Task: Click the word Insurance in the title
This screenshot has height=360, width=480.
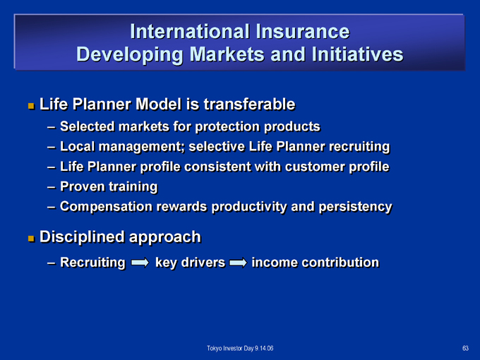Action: coord(302,31)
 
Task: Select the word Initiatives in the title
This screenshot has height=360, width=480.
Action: coord(358,54)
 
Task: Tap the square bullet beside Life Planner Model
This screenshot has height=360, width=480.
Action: coord(31,106)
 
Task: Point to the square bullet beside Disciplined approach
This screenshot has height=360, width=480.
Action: coord(31,239)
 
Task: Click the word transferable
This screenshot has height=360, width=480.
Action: coord(249,104)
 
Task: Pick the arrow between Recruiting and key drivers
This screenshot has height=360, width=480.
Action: coord(140,263)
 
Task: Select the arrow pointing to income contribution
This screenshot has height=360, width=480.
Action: coord(238,263)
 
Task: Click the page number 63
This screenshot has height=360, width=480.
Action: coord(465,348)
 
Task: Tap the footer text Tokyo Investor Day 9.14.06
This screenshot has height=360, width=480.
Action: coord(240,348)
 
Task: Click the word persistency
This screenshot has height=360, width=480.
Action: coord(355,207)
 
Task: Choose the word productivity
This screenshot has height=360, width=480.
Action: coord(249,207)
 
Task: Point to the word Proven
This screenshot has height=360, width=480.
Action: coord(83,186)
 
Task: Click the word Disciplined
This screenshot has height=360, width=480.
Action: coord(83,237)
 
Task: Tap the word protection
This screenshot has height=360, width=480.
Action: coord(227,127)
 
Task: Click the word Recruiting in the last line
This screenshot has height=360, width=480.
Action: coord(92,263)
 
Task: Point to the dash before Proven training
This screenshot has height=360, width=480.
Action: coord(52,187)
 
